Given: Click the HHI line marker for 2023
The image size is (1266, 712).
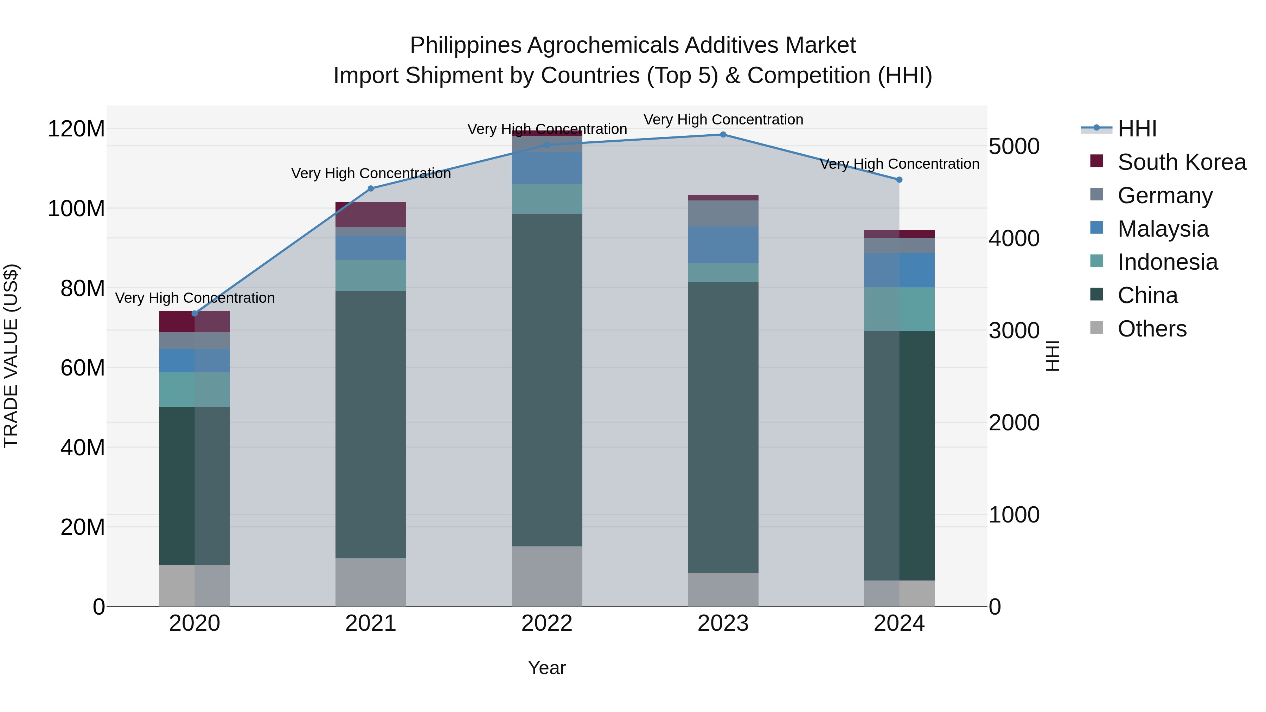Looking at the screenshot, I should [723, 135].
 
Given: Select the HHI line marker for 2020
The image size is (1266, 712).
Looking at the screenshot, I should [194, 314].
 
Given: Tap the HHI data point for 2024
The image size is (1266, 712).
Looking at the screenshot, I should [899, 180].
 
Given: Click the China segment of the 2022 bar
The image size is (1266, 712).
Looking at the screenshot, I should [547, 380].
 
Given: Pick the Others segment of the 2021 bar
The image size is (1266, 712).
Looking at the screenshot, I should [371, 582].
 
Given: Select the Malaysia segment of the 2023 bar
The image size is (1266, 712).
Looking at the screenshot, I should [723, 245].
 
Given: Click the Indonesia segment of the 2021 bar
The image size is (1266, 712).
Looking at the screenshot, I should [371, 276].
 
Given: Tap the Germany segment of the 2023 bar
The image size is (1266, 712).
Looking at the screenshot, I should [723, 213].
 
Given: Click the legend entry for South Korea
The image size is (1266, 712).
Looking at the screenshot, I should [1182, 162].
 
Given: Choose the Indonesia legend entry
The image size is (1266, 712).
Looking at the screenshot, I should [1167, 262].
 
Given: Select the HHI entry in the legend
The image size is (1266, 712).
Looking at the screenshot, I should [1137, 129].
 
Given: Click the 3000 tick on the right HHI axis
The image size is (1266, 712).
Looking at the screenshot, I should [1014, 331].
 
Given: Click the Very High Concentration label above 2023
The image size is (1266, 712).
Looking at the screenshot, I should [723, 120].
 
